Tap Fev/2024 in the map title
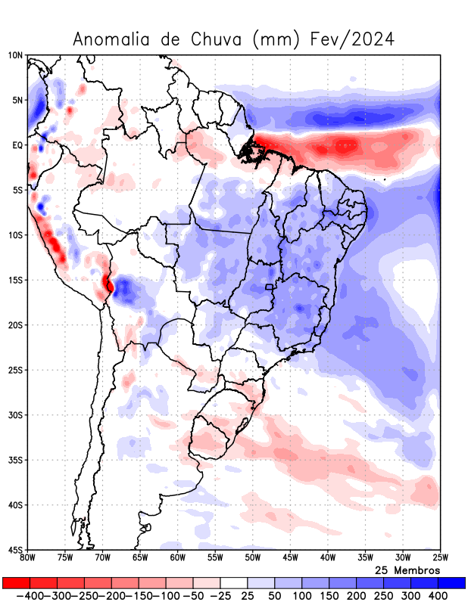point(352,39)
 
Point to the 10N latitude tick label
point(16,55)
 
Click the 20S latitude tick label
point(16,325)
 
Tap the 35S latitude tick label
point(16,460)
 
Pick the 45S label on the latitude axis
point(16,550)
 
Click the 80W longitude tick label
point(28,558)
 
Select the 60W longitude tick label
point(178,558)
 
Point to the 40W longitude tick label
point(327,558)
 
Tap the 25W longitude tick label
point(439,558)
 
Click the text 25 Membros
point(407,569)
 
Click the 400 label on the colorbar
point(438,596)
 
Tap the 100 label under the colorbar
point(302,596)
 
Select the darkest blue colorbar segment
point(452,582)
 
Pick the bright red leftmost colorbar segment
point(15,582)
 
